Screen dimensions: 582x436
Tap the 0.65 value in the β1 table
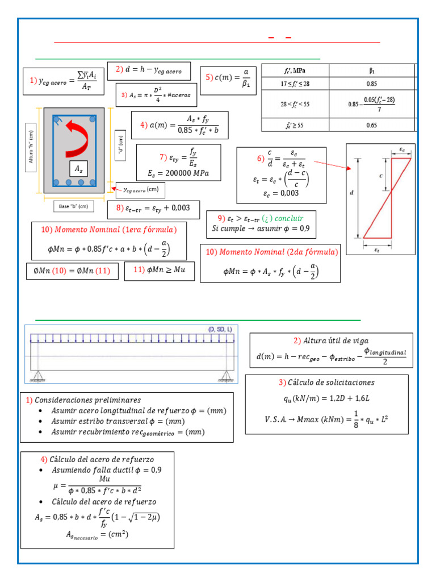coord(372,125)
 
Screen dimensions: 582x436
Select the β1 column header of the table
coord(372,70)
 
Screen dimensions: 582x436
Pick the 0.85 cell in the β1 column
coord(372,84)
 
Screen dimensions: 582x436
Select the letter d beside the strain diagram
coord(352,193)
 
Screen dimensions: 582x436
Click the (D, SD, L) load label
coord(220,330)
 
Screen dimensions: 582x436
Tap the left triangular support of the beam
coord(39,376)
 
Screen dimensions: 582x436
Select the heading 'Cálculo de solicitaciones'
coord(331,382)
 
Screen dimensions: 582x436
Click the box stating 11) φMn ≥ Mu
coord(159,271)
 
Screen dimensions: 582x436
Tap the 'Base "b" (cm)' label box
coord(73,206)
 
